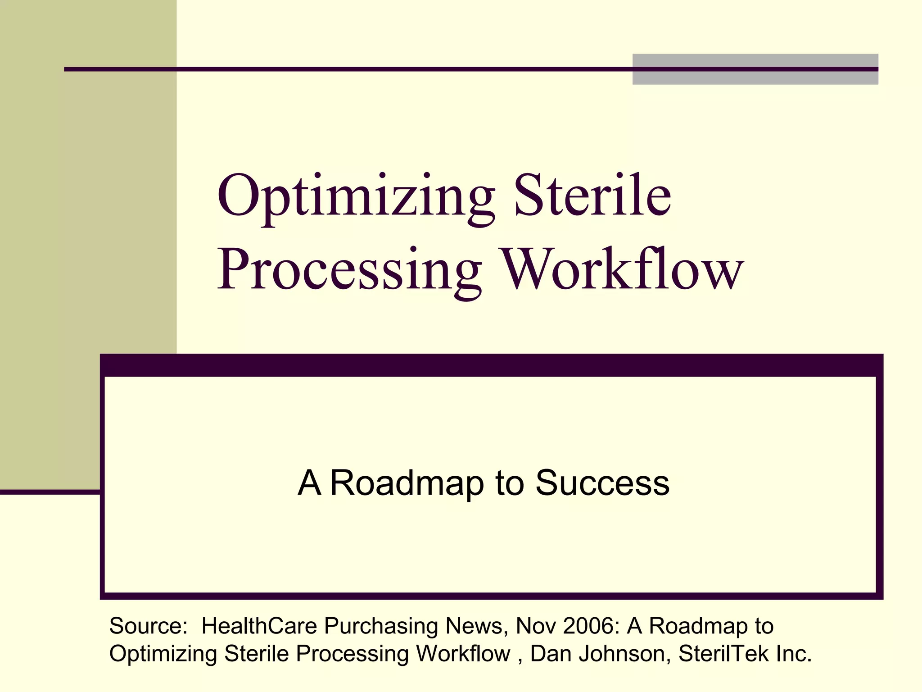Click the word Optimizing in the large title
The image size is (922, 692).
coord(356,198)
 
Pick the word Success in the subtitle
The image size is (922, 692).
coord(602,483)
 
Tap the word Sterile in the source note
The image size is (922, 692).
coord(256,654)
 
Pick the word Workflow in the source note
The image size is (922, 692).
coord(463,654)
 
